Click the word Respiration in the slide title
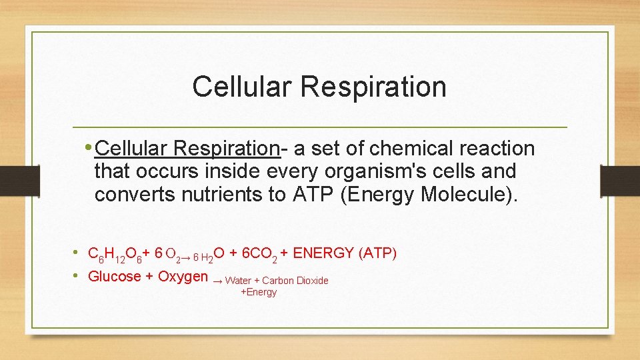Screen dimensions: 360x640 tap(374, 87)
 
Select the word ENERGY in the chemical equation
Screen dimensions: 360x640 tap(324, 253)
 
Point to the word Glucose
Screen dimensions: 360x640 tap(114, 276)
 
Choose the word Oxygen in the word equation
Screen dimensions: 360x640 tap(183, 276)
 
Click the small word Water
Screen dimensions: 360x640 tap(238, 281)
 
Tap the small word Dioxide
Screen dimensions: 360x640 tap(312, 281)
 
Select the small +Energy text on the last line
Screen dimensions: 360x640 tap(259, 292)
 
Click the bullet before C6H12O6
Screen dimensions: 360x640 tap(77, 253)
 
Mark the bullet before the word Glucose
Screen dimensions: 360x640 tap(77, 276)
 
